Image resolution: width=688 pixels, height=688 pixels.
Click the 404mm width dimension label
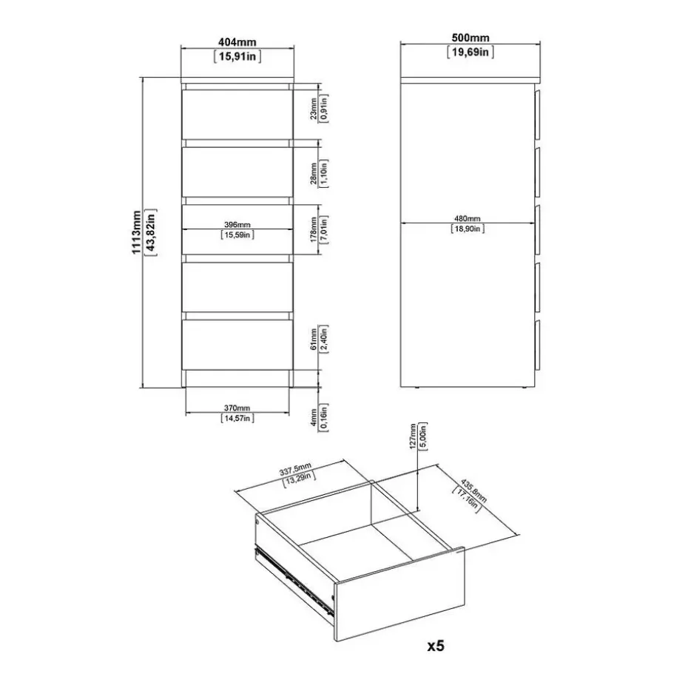click(x=237, y=42)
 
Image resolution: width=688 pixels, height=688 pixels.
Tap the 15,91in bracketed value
click(x=237, y=57)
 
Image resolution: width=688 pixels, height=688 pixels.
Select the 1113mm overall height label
click(x=136, y=232)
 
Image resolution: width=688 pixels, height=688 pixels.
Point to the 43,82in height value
click(x=151, y=232)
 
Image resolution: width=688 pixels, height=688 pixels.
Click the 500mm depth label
click(x=471, y=38)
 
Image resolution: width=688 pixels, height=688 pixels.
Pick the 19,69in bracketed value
click(x=471, y=53)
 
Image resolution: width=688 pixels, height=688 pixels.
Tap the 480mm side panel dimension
click(x=468, y=218)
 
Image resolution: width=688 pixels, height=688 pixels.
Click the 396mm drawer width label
click(x=237, y=225)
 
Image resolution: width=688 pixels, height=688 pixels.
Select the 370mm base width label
click(x=237, y=408)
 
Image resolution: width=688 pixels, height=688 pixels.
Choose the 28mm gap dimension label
click(x=313, y=173)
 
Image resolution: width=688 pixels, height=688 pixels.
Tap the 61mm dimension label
click(x=313, y=340)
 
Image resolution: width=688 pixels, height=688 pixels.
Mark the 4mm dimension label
click(x=313, y=417)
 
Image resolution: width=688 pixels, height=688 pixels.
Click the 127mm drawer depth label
click(x=413, y=436)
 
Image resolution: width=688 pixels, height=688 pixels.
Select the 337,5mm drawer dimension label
click(x=295, y=469)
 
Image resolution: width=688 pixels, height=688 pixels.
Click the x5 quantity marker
click(x=436, y=646)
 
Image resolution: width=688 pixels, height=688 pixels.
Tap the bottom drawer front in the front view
click(x=237, y=345)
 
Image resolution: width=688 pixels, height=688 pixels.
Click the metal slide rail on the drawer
click(x=294, y=579)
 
